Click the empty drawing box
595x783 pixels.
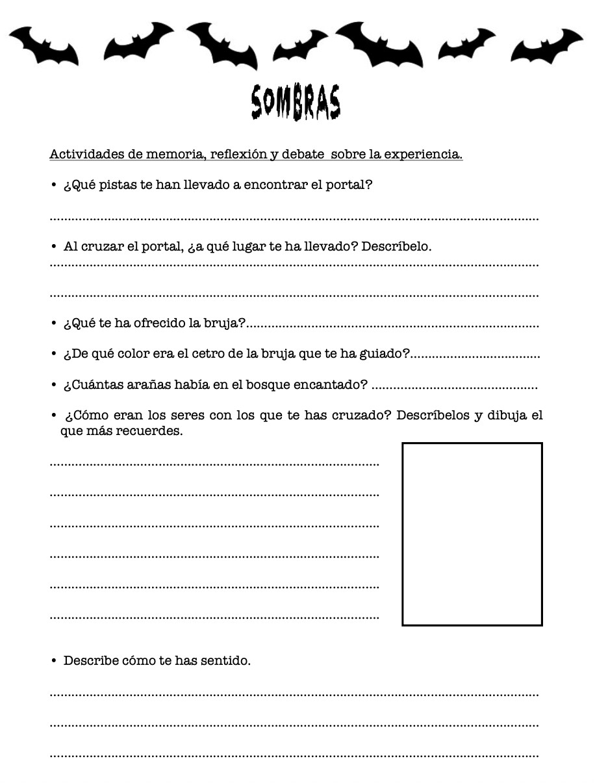(x=472, y=534)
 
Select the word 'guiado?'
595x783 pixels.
(x=387, y=354)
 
